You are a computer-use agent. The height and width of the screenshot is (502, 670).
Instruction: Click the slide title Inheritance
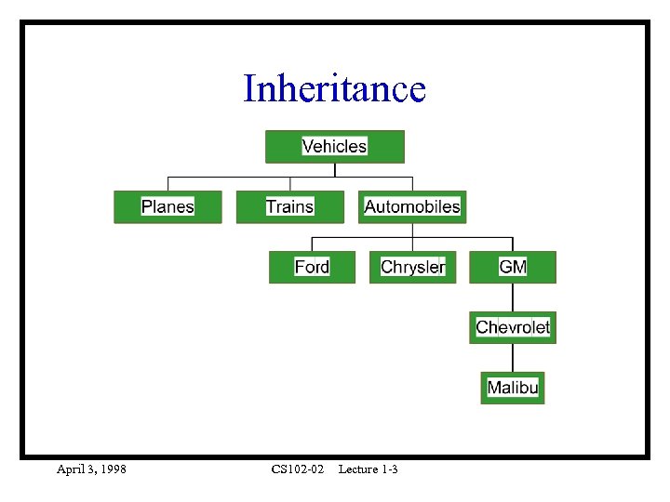[x=334, y=89]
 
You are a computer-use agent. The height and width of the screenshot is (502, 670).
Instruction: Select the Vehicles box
[x=335, y=147]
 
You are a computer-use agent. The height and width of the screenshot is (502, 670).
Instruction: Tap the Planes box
[x=167, y=206]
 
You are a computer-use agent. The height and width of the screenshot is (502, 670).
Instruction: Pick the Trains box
[x=289, y=206]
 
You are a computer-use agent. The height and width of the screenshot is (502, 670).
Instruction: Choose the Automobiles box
[x=412, y=206]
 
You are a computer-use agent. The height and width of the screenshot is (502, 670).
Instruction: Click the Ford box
[x=312, y=268]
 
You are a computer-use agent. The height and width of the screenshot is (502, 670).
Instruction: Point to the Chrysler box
[x=412, y=268]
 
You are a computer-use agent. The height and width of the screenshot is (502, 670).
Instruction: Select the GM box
[x=513, y=268]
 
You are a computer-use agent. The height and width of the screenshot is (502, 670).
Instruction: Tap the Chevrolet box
[x=513, y=327]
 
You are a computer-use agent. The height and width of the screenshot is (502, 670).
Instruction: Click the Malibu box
[x=513, y=388]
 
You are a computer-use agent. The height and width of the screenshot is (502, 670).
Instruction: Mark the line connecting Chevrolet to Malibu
[x=513, y=358]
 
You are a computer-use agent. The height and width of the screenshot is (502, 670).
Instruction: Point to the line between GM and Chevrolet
[x=513, y=297]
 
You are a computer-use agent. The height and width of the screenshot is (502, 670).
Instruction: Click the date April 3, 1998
[x=91, y=469]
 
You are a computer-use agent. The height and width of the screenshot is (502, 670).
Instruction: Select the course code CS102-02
[x=298, y=469]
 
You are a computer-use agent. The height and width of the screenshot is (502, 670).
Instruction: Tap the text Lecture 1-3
[x=368, y=469]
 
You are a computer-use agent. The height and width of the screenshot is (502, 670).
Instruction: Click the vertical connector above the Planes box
[x=167, y=183]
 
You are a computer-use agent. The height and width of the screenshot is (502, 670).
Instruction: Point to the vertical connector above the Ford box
[x=312, y=244]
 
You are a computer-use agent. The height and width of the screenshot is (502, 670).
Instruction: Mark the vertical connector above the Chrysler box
[x=412, y=244]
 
